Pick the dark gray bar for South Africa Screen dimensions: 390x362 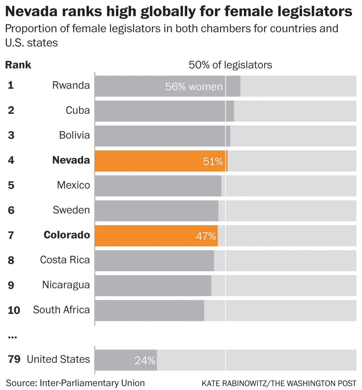point(149,310)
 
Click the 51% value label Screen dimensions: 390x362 point(213,161)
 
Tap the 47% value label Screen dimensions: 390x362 point(206,236)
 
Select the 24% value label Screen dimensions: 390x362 point(145,360)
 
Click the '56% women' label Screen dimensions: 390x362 point(193,87)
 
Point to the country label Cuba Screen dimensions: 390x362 point(78,110)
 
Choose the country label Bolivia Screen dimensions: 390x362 point(74,135)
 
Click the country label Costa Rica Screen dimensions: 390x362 point(65,260)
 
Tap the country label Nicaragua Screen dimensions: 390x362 point(66,285)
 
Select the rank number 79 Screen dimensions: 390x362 point(14,359)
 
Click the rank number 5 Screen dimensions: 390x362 point(11,185)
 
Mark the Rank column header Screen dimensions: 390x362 point(18,65)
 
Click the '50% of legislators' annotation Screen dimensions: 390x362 point(230,65)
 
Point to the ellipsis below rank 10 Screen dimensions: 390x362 point(12,337)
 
